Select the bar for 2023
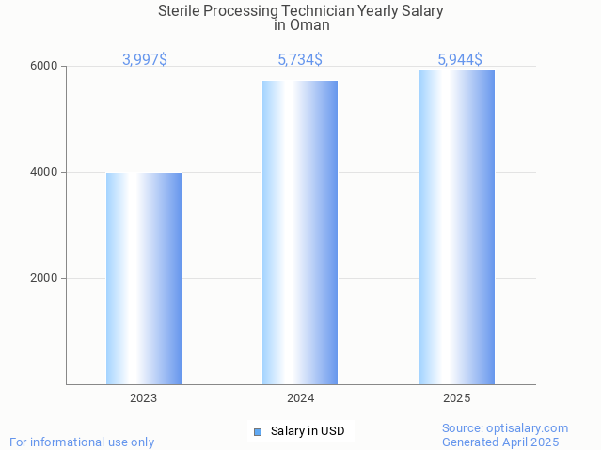pyautogui.click(x=144, y=278)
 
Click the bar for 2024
pyautogui.click(x=300, y=232)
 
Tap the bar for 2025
pyautogui.click(x=457, y=226)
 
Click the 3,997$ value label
pyautogui.click(x=145, y=59)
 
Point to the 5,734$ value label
pyautogui.click(x=300, y=59)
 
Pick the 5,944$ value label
pyautogui.click(x=460, y=59)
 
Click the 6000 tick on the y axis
pyautogui.click(x=45, y=67)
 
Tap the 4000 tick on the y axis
pyautogui.click(x=45, y=173)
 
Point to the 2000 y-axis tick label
pyautogui.click(x=45, y=279)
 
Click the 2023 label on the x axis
pyautogui.click(x=144, y=398)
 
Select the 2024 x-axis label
pyautogui.click(x=300, y=398)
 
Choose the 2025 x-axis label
pyautogui.click(x=457, y=398)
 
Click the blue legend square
pyautogui.click(x=258, y=432)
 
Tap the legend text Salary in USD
pyautogui.click(x=308, y=432)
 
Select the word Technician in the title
pyautogui.click(x=334, y=11)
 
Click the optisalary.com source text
pyautogui.click(x=505, y=428)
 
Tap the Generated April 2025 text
pyautogui.click(x=500, y=442)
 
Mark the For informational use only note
pyautogui.click(x=82, y=442)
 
